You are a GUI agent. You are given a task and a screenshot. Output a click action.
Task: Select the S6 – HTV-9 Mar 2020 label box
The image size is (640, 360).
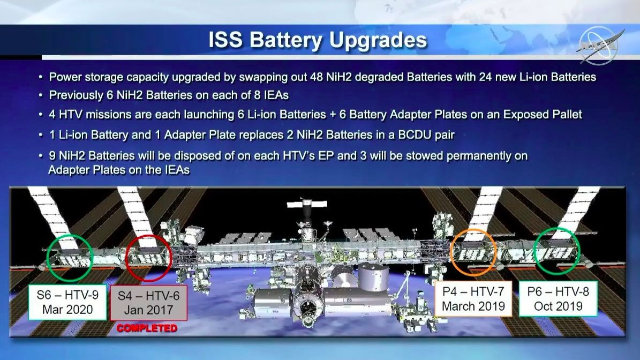[67, 302]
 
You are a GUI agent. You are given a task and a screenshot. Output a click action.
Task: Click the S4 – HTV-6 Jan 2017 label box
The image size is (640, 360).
[148, 302]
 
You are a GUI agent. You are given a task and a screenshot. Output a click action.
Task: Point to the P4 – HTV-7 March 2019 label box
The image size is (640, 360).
[473, 299]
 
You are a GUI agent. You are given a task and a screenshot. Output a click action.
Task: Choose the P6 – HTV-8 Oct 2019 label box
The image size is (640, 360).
[558, 299]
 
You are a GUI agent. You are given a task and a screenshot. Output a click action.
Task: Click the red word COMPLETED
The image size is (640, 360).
[147, 328]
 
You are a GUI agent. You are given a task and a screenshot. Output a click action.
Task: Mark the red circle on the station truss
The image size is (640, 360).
[148, 258]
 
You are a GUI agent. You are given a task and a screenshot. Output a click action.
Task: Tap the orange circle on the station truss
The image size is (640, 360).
[473, 252]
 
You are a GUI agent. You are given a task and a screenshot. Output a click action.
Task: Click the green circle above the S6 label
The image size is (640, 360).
[70, 258]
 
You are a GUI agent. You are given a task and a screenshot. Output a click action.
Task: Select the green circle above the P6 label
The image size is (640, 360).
[558, 251]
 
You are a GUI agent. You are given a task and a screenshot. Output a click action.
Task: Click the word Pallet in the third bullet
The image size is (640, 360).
[564, 115]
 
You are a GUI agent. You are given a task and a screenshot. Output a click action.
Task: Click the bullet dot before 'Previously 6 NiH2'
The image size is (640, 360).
[41, 96]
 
